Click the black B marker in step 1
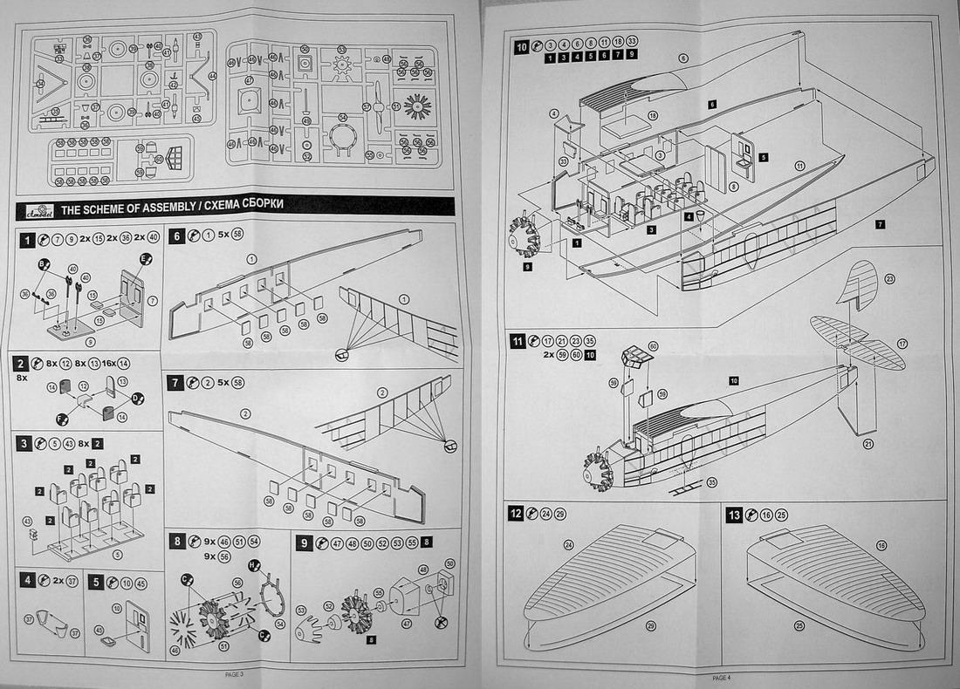point(42,263)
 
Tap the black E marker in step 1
point(146,259)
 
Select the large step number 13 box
point(735,515)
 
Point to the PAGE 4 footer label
point(721,678)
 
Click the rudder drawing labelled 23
point(859,283)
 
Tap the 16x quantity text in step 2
point(104,363)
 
